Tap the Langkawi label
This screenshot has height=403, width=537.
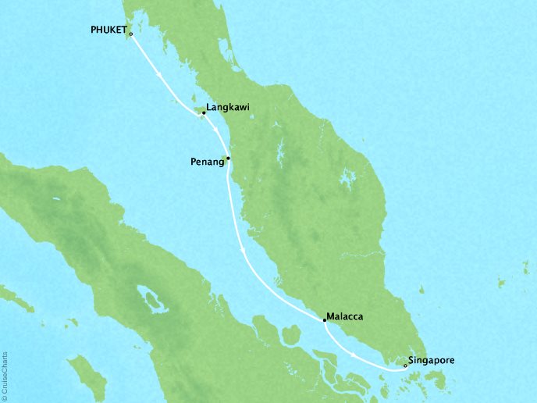(228, 109)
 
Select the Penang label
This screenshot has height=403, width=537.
(207, 162)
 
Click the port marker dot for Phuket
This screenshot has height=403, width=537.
(131, 34)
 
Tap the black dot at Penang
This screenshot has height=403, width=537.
(228, 159)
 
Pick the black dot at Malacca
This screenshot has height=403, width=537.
(325, 320)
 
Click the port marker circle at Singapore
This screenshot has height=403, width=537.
(404, 365)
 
